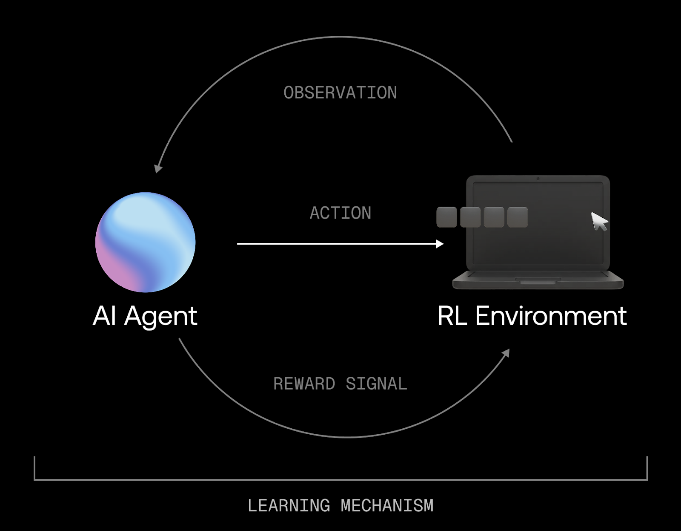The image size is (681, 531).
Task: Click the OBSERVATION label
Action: (340, 93)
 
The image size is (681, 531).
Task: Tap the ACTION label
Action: (340, 213)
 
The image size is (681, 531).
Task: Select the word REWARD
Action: (304, 384)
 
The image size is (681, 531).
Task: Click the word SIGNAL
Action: (376, 384)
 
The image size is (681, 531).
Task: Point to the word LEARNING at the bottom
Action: (289, 506)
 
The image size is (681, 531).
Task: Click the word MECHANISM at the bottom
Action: (387, 506)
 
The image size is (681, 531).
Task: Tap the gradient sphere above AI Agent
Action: (145, 242)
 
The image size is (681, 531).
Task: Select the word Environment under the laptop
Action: (551, 316)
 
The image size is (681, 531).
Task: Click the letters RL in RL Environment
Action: (452, 316)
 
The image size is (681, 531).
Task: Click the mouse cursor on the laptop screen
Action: (599, 221)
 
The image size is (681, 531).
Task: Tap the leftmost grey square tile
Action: (446, 217)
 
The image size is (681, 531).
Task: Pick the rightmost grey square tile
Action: (518, 217)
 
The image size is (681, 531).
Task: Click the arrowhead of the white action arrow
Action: (440, 244)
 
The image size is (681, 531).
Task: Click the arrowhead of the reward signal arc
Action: (506, 353)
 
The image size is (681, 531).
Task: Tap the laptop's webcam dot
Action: (538, 179)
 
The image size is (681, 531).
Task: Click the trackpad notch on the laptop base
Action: (538, 282)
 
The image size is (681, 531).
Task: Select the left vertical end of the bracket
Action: (34, 468)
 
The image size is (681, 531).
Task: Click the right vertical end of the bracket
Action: (647, 468)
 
